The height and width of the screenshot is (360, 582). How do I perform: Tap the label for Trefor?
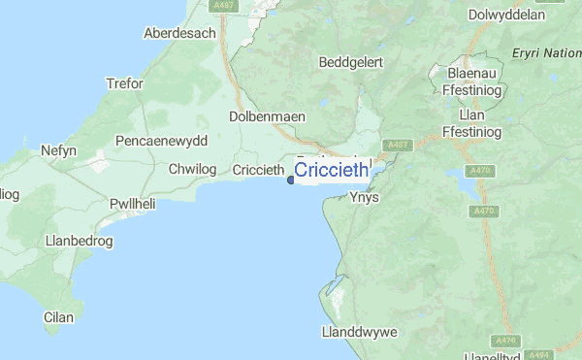click(124, 83)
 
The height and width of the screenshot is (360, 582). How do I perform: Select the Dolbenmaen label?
click(267, 116)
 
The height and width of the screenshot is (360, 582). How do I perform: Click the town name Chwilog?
click(191, 170)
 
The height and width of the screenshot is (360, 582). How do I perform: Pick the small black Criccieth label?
click(258, 171)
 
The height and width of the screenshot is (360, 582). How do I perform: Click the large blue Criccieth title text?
click(331, 171)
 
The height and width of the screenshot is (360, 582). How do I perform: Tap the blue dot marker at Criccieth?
click(291, 179)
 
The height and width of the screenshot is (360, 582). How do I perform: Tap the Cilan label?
click(58, 316)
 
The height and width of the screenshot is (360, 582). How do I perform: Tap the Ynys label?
click(364, 197)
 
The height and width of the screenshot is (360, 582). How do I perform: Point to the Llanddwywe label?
click(359, 332)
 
